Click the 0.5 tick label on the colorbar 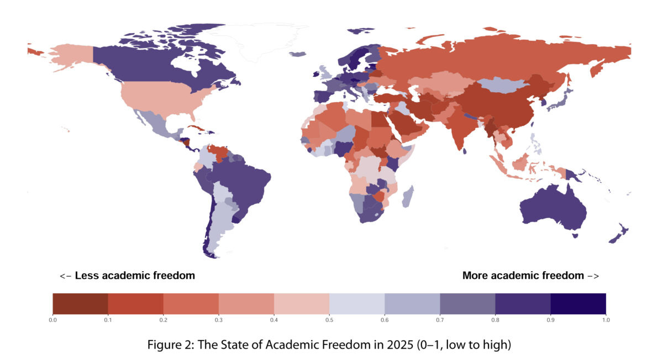pos(329,320)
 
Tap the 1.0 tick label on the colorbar pos(606,320)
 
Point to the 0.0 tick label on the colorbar pos(52,320)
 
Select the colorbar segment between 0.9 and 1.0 pos(578,304)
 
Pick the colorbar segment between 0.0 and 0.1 pos(80,304)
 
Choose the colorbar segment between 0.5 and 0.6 pos(357,304)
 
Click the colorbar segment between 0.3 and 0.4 pos(246,304)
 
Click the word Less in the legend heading pos(86,276)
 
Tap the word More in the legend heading pos(475,276)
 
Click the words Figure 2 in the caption pos(170,345)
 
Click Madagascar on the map pos(408,197)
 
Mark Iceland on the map pos(297,54)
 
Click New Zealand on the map pos(619,233)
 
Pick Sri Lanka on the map pos(465,151)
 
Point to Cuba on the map pos(196,128)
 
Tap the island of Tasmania pos(575,236)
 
